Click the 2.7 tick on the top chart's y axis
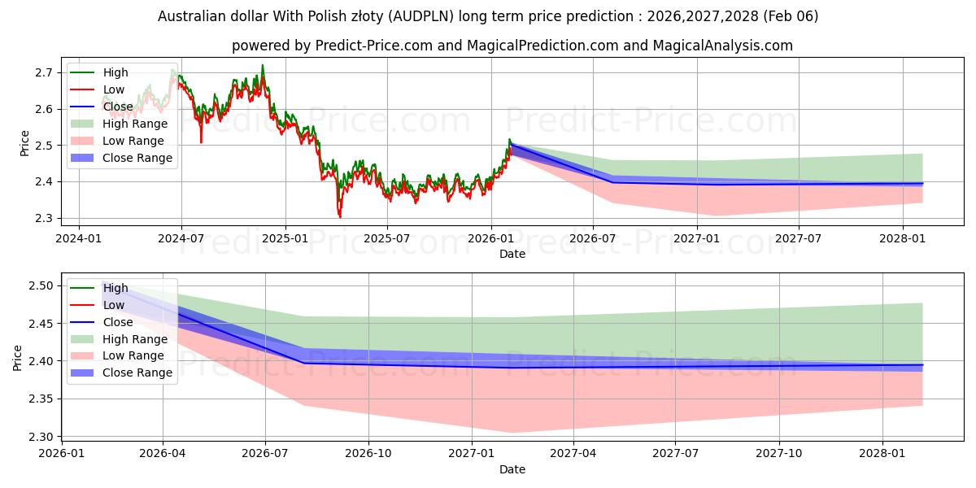pos(44,72)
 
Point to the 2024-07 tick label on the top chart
pos(181,238)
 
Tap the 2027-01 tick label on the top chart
pos(697,238)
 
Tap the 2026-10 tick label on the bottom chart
pos(368,453)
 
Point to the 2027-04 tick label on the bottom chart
pos(573,453)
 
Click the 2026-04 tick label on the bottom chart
pos(163,453)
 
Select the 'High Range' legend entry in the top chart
pos(135,124)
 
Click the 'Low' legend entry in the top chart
pos(114,89)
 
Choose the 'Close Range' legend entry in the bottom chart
pos(137,373)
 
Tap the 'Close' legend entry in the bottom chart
pos(118,322)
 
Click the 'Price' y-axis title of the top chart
pos(24,143)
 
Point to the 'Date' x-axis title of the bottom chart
pos(512,469)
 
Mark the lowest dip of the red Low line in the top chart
pos(340,217)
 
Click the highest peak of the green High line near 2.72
pos(262,65)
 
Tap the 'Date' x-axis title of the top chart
pos(512,254)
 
